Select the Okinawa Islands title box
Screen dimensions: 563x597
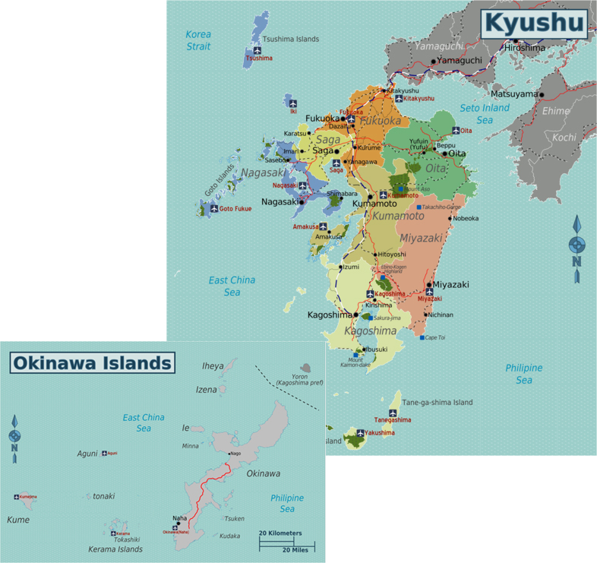tap(91, 363)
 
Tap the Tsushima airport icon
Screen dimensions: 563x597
tap(257, 51)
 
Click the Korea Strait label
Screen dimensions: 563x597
tap(198, 40)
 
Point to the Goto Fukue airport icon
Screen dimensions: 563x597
tap(214, 208)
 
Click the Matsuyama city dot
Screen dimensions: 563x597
tap(542, 94)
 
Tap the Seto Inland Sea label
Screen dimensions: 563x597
tap(485, 114)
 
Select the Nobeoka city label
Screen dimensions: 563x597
tap(466, 219)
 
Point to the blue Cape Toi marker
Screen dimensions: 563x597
tap(422, 337)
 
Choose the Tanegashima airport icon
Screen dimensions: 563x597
tap(393, 413)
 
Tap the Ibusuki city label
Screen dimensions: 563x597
tap(376, 350)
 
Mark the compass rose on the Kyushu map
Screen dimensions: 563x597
tap(577, 245)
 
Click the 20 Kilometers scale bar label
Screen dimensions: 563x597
tap(280, 533)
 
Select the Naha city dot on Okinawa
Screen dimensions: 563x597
tap(178, 523)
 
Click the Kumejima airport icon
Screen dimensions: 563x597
tap(17, 496)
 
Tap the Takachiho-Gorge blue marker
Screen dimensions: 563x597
tap(419, 207)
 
